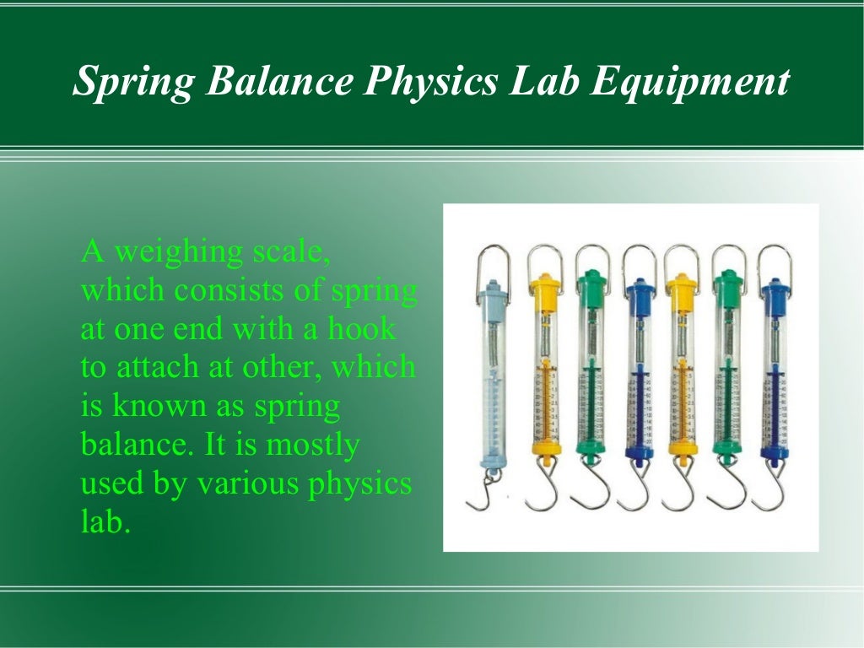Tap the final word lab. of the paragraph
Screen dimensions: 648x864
(x=105, y=521)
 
